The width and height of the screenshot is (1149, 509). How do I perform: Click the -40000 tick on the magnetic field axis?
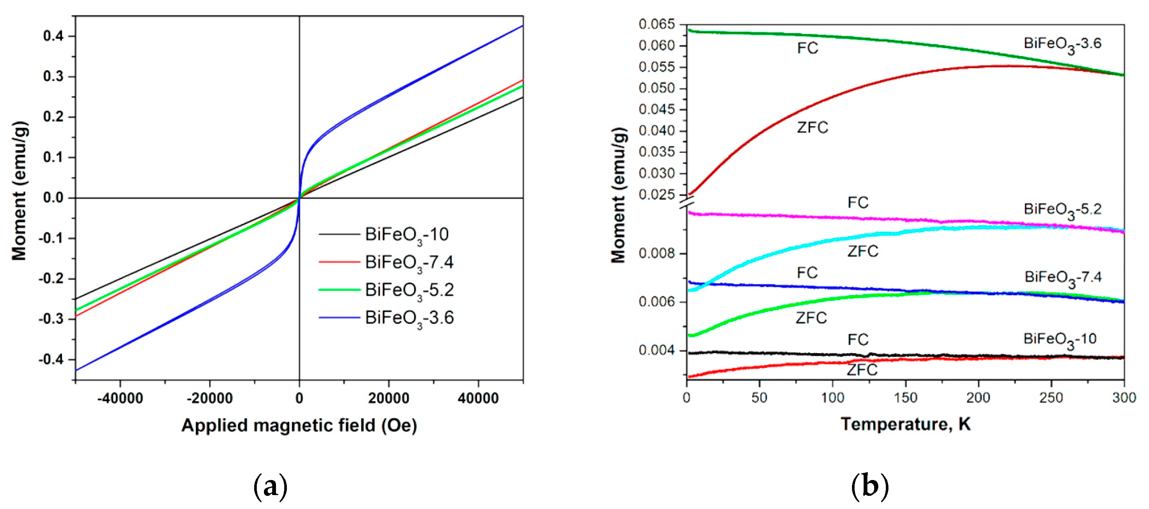[120, 398]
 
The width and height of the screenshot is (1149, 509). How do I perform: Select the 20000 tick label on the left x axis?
[388, 398]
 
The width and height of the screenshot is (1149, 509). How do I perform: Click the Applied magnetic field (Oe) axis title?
[299, 425]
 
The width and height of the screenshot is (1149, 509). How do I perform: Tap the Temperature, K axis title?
[905, 424]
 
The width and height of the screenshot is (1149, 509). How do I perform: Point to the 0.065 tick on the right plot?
[656, 24]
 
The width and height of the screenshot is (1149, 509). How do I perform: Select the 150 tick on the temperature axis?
[905, 398]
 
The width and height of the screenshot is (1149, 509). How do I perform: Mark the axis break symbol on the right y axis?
[687, 205]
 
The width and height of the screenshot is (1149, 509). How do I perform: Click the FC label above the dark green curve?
[808, 48]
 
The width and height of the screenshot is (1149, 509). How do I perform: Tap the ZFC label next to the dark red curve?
[812, 128]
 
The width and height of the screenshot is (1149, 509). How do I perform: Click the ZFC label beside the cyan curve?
[863, 251]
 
